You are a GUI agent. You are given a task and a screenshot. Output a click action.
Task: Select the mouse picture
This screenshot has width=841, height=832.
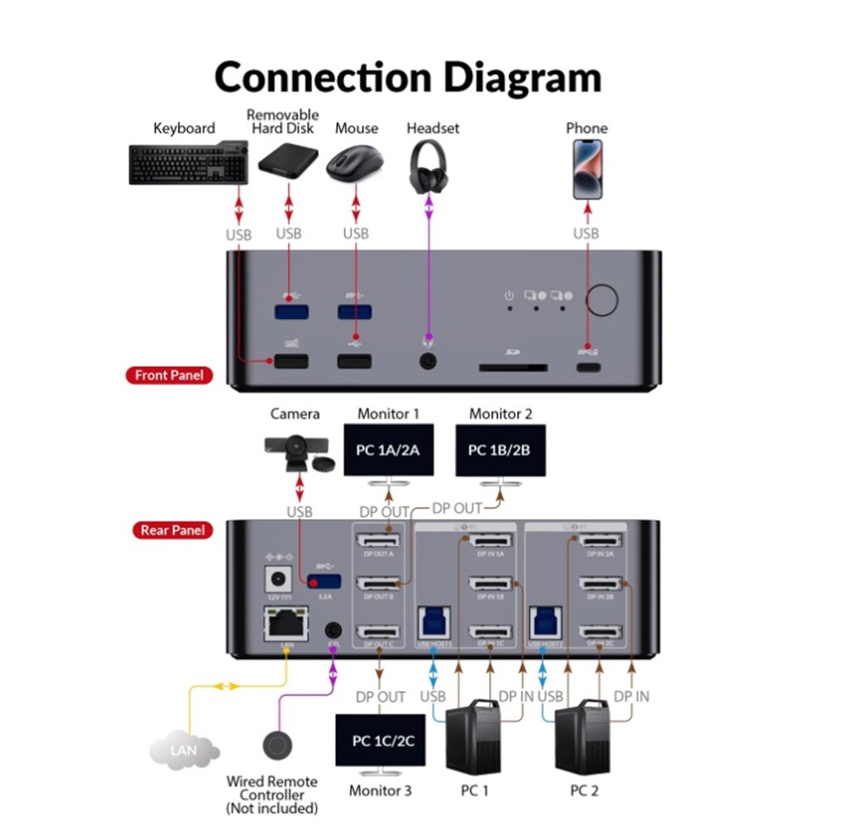pyautogui.click(x=354, y=164)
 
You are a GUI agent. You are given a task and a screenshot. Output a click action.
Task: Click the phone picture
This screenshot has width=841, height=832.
pyautogui.click(x=587, y=169)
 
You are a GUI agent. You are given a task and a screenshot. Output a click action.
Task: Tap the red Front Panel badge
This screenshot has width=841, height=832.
pyautogui.click(x=169, y=375)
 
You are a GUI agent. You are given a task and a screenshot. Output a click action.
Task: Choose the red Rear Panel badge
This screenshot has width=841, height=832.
pyautogui.click(x=172, y=530)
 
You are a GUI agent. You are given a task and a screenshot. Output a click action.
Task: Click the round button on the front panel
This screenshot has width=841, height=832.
pyautogui.click(x=601, y=300)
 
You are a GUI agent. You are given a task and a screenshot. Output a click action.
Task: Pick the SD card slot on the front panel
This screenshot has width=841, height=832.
pyautogui.click(x=512, y=366)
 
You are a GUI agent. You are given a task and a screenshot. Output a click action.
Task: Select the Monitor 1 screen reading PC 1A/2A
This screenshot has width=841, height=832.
pyautogui.click(x=388, y=450)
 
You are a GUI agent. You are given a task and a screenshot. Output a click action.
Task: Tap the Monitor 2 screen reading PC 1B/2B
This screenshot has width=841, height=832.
pyautogui.click(x=500, y=450)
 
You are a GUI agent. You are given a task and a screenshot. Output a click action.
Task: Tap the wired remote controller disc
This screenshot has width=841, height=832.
pyautogui.click(x=276, y=745)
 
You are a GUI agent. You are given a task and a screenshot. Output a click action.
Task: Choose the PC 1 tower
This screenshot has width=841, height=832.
pyautogui.click(x=475, y=736)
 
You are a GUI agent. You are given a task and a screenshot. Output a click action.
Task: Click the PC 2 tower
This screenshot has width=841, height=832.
pyautogui.click(x=583, y=736)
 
